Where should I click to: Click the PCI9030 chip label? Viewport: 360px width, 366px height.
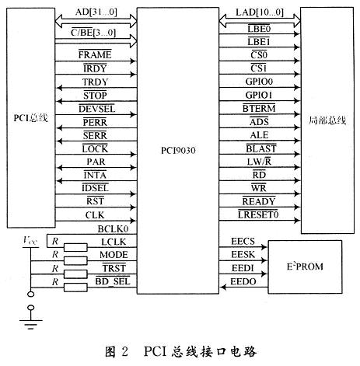tap(178, 151)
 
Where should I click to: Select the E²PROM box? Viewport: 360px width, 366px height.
tap(305, 267)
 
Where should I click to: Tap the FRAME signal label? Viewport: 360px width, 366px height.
tap(95, 54)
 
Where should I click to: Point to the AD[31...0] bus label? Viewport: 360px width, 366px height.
tap(96, 12)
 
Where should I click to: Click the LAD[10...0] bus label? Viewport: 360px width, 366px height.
tap(260, 12)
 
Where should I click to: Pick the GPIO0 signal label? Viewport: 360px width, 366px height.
tap(259, 82)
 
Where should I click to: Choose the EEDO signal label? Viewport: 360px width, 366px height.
tap(243, 281)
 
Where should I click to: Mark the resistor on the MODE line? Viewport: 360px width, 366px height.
tap(75, 260)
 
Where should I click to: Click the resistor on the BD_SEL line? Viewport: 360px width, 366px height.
tap(75, 288)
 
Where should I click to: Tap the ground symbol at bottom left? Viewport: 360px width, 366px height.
tap(30, 321)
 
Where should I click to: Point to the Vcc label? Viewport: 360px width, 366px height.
tap(30, 240)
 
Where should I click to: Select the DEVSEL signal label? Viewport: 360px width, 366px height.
tap(96, 109)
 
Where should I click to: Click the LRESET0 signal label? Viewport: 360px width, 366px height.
tap(258, 214)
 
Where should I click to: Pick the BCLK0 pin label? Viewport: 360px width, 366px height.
tap(113, 229)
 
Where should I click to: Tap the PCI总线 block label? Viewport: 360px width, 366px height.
tap(30, 118)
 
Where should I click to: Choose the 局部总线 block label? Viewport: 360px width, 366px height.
tap(327, 120)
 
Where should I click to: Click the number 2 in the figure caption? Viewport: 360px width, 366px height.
tap(124, 352)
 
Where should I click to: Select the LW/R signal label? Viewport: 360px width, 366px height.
tap(259, 162)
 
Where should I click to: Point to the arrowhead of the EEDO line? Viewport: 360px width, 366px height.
tap(223, 288)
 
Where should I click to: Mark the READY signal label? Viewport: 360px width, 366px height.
tap(259, 201)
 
